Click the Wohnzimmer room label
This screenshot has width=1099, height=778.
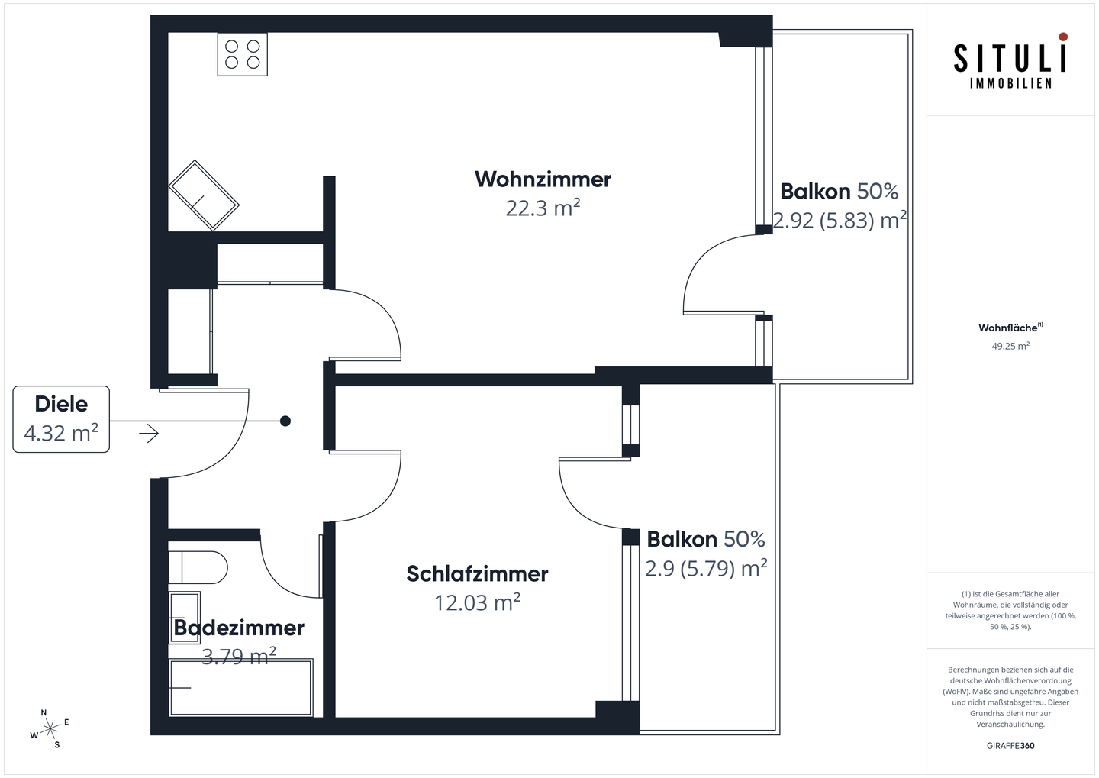[543, 179]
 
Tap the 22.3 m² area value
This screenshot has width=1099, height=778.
[543, 208]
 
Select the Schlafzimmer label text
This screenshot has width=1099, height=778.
[477, 574]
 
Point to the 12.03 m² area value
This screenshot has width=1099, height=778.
[477, 603]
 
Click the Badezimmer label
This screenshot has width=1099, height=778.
[239, 628]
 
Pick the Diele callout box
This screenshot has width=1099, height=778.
[61, 419]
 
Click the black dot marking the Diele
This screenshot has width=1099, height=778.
[285, 421]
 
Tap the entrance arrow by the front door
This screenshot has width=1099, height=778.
[149, 434]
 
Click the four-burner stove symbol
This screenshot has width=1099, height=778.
[243, 54]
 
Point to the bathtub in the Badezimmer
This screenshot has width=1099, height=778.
[241, 688]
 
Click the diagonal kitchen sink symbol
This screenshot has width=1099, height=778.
[204, 195]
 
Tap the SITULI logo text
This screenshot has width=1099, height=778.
[1010, 59]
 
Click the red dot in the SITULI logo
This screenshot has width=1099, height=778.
[1063, 37]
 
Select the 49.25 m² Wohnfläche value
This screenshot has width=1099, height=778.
[1010, 346]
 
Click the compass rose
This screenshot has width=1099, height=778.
[50, 728]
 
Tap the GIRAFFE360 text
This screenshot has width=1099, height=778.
[1010, 745]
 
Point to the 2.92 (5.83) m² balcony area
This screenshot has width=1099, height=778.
[840, 221]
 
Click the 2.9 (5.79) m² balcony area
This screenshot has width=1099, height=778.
[706, 569]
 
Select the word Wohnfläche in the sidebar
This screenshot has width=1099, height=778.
[1008, 328]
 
